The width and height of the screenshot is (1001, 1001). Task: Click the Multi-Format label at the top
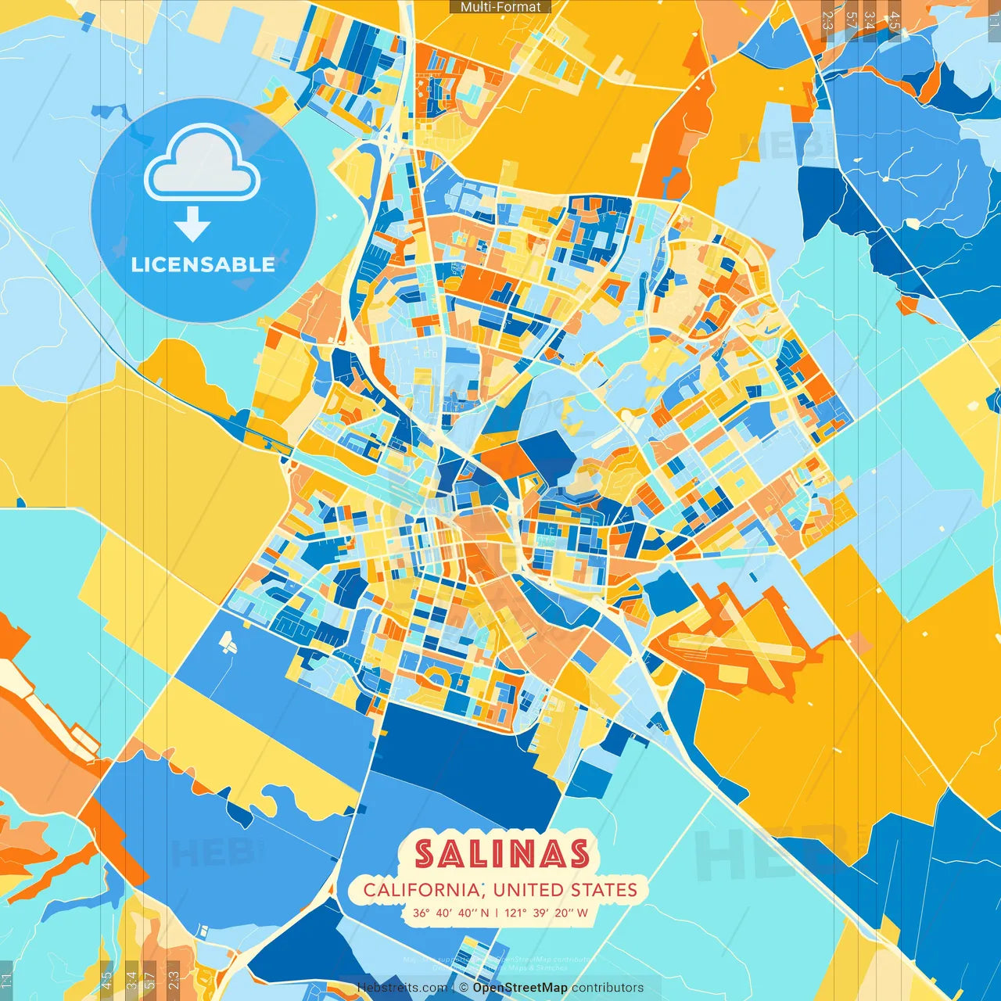point(500,7)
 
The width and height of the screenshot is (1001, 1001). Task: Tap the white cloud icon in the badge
point(203,163)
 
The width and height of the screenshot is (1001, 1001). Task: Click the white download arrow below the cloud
point(192,224)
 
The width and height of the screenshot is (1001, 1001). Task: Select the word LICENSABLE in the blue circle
point(203,264)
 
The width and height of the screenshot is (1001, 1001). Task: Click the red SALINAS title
point(501,854)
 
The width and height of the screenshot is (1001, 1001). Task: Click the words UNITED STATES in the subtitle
point(565,890)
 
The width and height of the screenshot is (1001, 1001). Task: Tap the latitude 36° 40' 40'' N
point(451,913)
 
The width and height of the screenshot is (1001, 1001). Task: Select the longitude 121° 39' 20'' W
point(546,913)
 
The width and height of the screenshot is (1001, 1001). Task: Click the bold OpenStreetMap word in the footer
point(520,988)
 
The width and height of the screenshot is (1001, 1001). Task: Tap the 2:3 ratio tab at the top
point(827,20)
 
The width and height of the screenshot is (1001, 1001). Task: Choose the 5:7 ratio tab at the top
point(850,20)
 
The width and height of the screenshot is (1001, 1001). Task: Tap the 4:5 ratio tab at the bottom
point(107,981)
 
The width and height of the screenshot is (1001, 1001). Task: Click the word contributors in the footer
point(608,988)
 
